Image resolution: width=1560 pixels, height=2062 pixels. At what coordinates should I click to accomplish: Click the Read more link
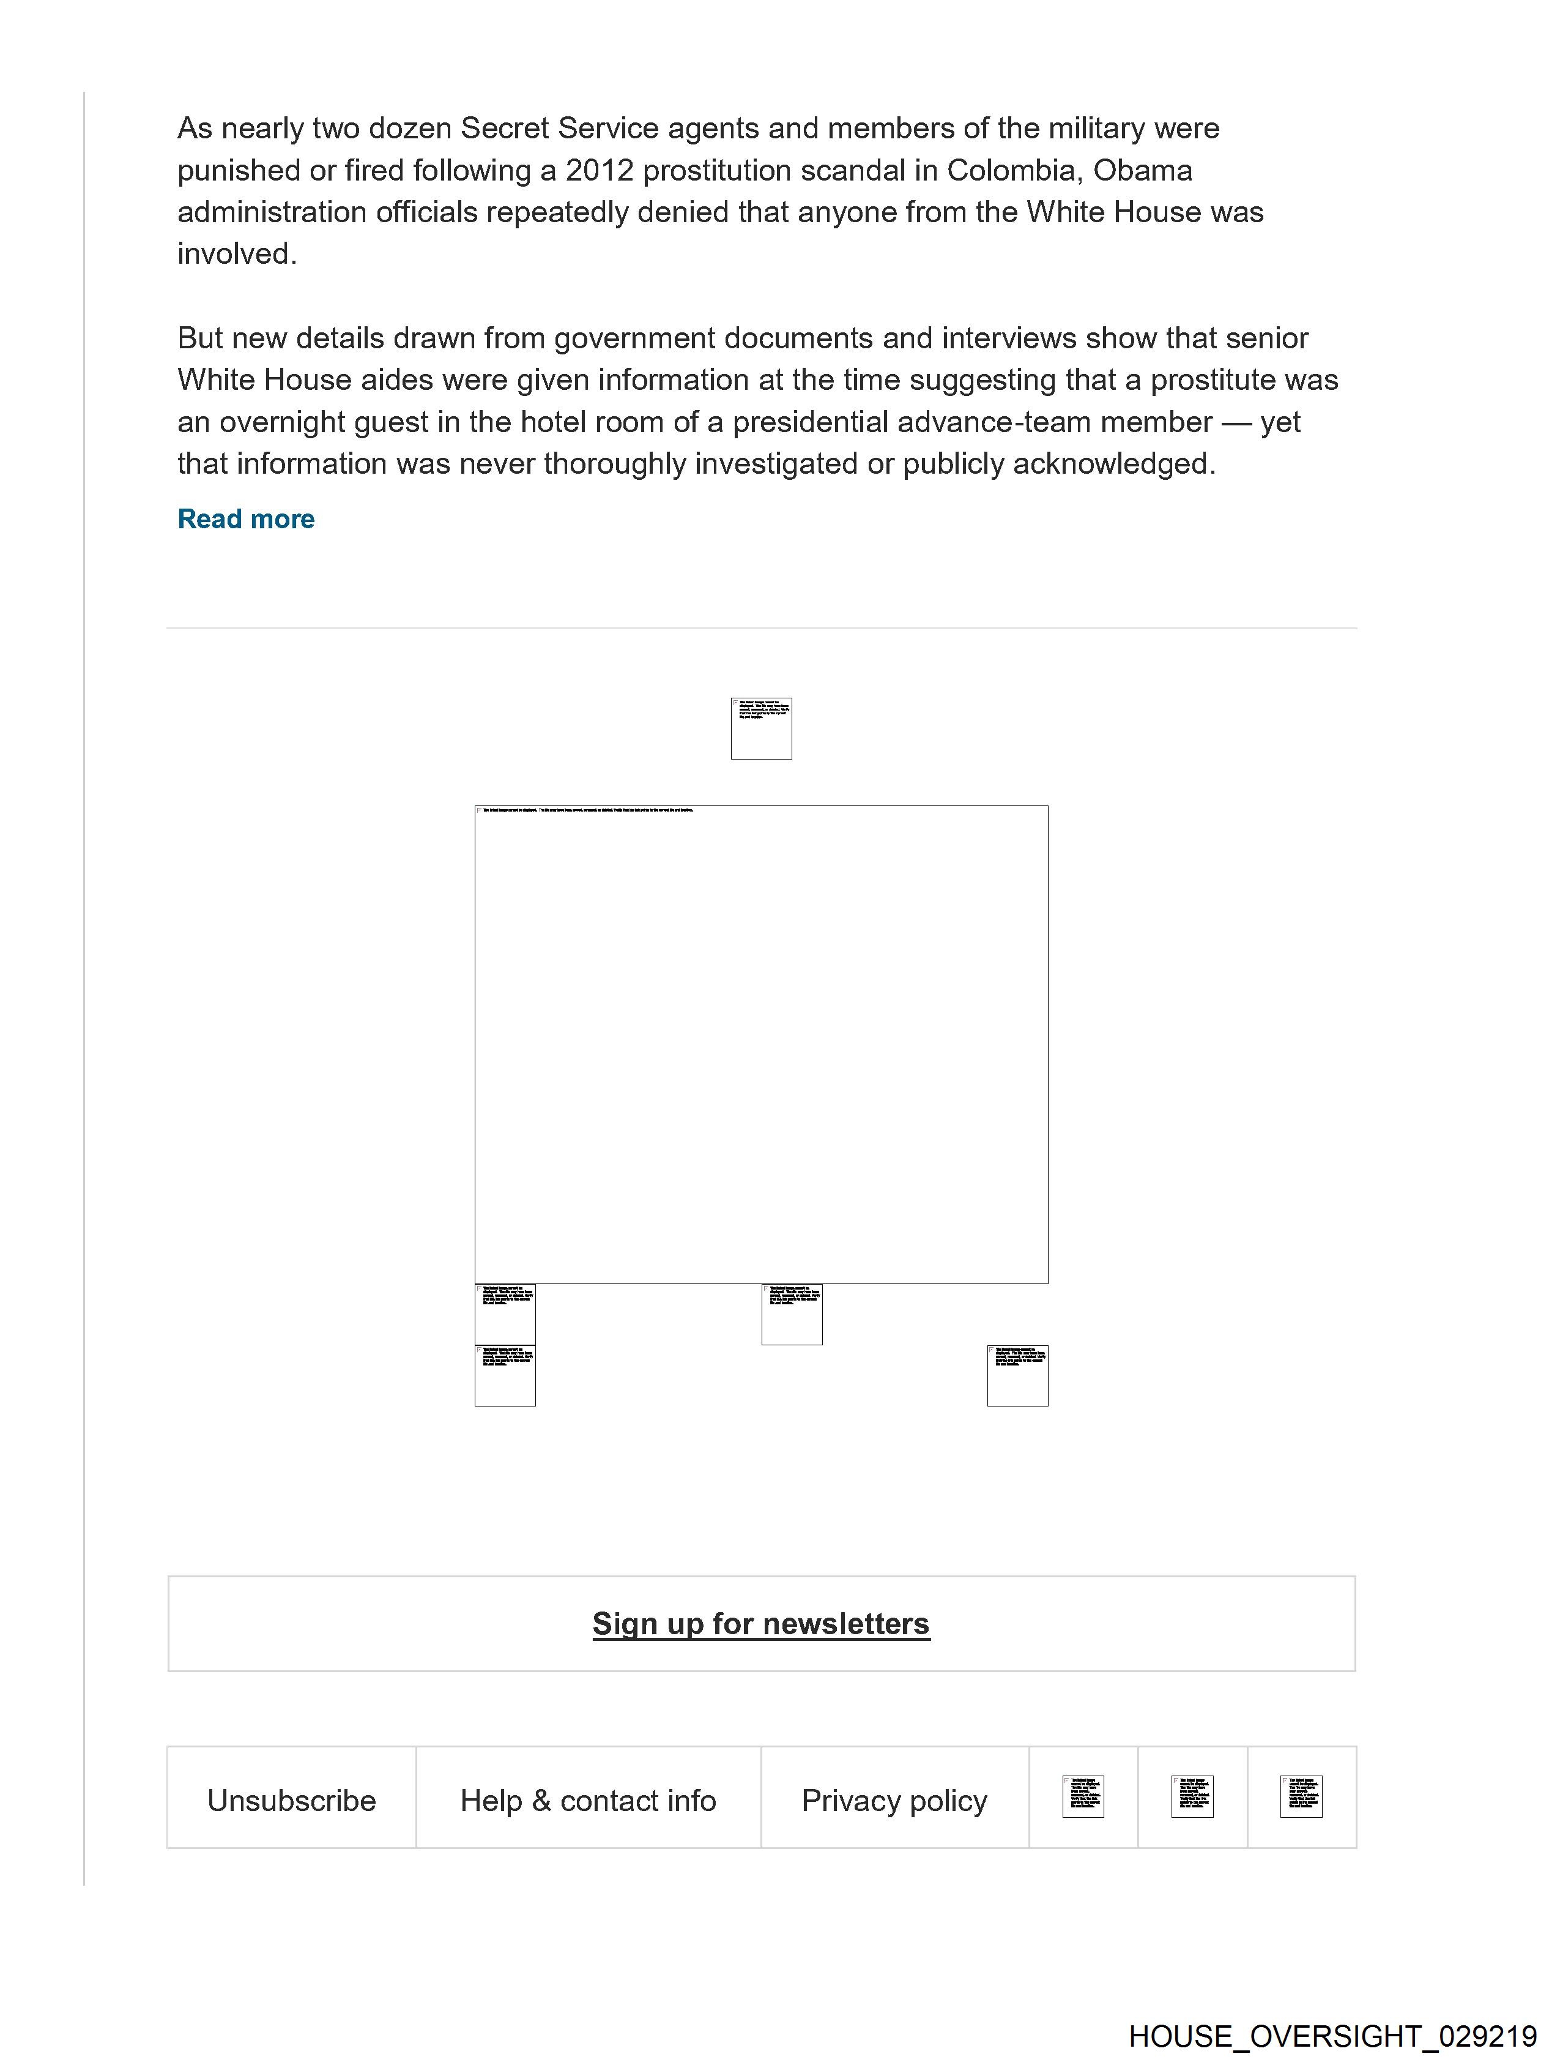point(246,519)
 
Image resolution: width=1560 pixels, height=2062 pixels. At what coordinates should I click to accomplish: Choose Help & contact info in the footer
point(588,1800)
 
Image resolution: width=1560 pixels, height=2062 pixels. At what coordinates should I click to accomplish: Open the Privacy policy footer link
point(894,1800)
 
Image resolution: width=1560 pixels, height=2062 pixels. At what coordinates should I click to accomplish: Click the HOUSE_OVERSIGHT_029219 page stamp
point(1332,2035)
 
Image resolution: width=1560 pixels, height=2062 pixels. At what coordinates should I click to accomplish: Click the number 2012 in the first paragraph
point(599,171)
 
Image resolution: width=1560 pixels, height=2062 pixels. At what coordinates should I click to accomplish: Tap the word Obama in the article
point(1143,171)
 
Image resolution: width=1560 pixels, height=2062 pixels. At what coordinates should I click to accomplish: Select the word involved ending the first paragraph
point(236,253)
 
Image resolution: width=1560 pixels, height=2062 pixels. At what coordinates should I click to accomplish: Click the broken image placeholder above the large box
point(762,728)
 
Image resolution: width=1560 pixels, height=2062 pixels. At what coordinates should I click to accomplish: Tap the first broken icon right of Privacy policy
point(1083,1796)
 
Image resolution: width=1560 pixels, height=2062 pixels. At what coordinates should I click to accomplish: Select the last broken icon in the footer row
point(1301,1796)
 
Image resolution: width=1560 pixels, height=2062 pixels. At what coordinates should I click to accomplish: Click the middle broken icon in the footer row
point(1192,1796)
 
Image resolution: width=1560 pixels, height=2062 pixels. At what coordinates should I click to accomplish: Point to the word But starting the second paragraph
point(199,338)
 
